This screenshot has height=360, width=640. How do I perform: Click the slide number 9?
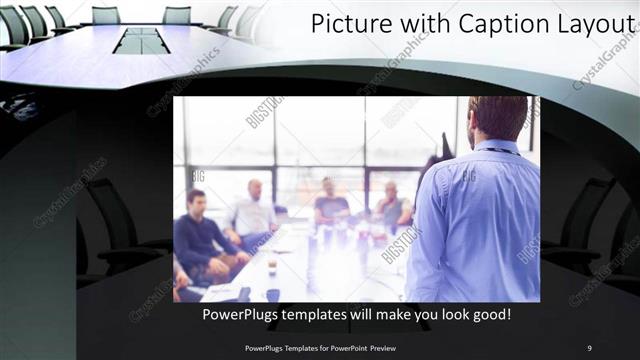(x=589, y=348)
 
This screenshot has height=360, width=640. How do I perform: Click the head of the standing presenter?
(x=496, y=118)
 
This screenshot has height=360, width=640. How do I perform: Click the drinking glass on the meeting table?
(x=271, y=265)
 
